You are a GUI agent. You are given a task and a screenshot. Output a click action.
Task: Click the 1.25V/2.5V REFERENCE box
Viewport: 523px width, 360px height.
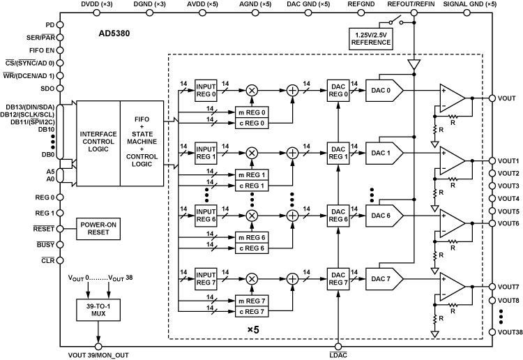click(x=370, y=38)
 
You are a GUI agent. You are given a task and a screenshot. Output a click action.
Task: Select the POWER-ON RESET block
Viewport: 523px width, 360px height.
click(x=97, y=227)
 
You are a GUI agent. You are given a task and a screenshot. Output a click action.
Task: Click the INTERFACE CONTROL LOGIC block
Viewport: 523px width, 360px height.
click(x=98, y=143)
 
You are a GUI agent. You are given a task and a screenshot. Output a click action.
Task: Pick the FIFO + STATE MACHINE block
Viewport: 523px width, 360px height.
click(x=144, y=143)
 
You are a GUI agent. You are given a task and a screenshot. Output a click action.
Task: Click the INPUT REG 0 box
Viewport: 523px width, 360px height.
click(x=206, y=90)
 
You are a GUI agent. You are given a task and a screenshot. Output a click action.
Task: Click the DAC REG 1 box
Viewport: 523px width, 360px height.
click(x=339, y=152)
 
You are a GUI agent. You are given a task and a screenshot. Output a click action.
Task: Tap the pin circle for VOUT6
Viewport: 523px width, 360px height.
click(x=494, y=223)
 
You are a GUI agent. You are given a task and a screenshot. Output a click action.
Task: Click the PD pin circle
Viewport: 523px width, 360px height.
click(x=59, y=24)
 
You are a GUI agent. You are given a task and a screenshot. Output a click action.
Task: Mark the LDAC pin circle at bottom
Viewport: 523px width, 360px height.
click(x=339, y=345)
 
